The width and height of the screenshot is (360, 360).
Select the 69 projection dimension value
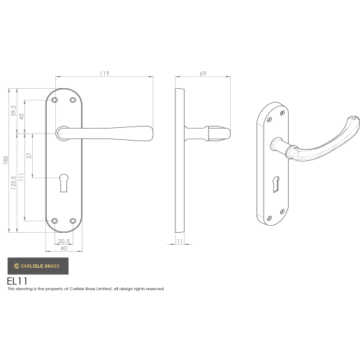point(203,73)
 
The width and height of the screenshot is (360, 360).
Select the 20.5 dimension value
point(64,242)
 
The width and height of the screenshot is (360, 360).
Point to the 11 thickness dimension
point(180,241)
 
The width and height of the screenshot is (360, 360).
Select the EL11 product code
point(17,280)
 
